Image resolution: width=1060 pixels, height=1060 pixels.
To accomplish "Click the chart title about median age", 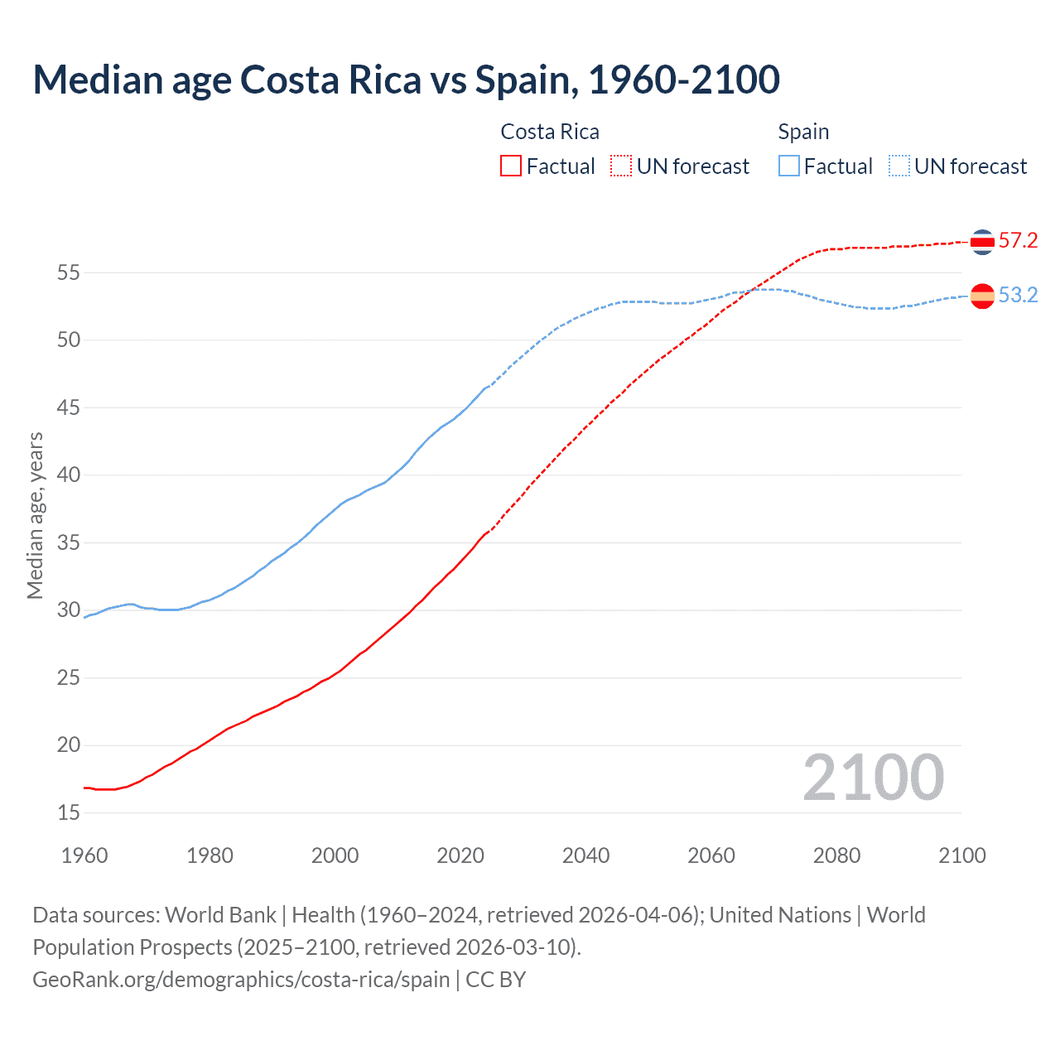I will coord(406,79).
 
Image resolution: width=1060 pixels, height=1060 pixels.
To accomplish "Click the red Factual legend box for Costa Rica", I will coord(511,166).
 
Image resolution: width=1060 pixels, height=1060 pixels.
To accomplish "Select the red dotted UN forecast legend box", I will coord(621,166).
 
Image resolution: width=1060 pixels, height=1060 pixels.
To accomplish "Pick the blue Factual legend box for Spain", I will coord(789,166).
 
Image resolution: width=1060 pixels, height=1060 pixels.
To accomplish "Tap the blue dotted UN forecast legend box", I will coord(899,166).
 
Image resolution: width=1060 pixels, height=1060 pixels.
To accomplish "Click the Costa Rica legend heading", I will coord(550,132).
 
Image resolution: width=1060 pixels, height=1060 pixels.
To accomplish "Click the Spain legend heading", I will coord(803,132).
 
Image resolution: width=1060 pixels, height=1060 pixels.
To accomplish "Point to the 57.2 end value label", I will coord(1018,241).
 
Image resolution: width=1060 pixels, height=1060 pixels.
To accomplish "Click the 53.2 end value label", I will coord(1018,296).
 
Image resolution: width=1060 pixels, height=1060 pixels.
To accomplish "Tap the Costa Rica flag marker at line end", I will coord(982,242).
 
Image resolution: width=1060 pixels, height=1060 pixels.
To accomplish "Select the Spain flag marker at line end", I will coord(982,296).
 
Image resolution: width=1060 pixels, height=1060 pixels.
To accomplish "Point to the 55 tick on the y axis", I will coord(69,272).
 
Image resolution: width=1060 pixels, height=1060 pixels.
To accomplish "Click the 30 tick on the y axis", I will coord(69,610).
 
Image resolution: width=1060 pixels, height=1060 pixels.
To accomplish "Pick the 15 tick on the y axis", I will coord(69,813).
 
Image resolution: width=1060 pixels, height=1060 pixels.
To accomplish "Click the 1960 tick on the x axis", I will coord(84,855).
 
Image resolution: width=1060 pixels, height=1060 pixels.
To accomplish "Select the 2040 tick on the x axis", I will coord(585,855).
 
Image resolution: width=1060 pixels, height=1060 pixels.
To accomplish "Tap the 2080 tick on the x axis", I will coord(836,855).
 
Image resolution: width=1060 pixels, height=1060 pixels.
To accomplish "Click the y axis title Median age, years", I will coord(35,515).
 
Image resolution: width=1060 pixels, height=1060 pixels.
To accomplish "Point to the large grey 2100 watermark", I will coord(873,777).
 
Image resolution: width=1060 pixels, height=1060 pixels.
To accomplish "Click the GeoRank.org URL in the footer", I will coord(241,980).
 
